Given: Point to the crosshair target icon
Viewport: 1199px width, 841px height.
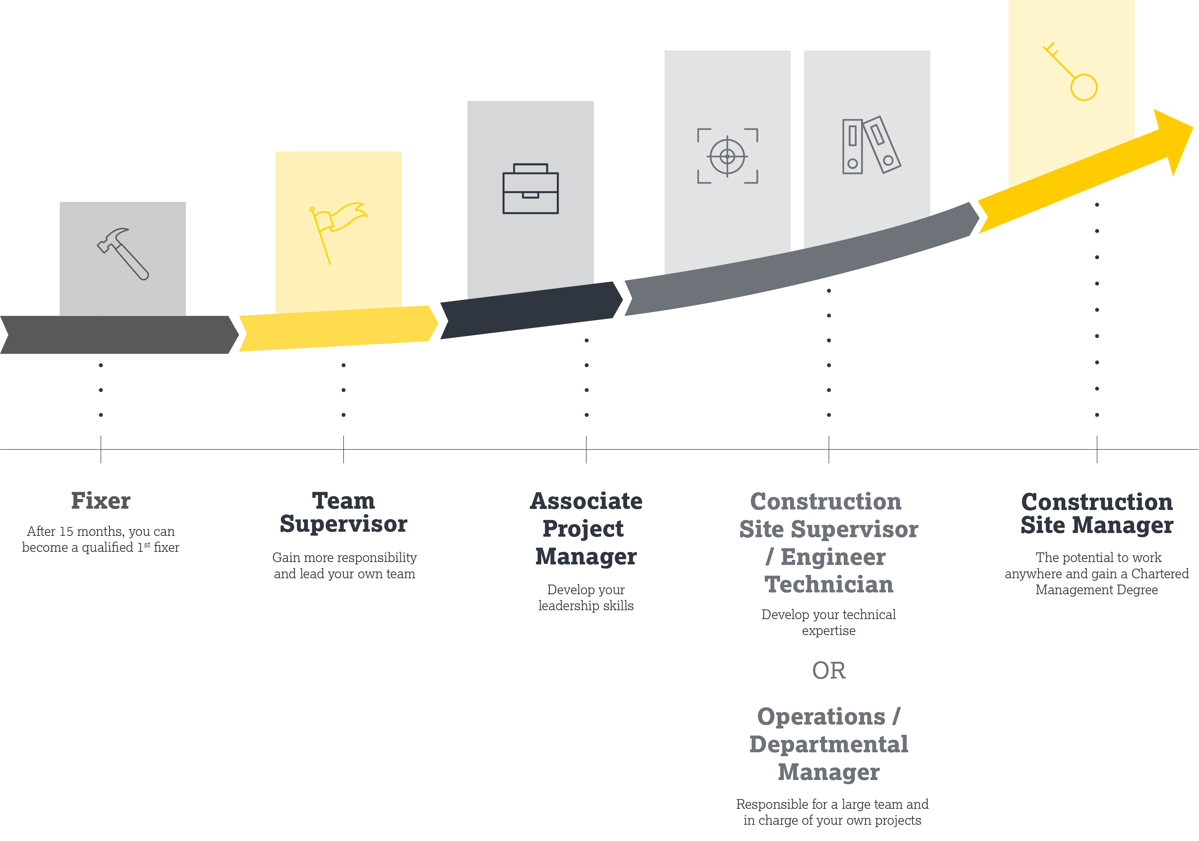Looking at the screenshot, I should point(727,156).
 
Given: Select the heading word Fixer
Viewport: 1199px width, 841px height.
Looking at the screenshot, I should point(101,501).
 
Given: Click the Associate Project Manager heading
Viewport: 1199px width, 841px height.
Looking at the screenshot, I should point(586,529).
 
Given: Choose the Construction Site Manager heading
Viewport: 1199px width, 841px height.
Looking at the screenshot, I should point(1097,514).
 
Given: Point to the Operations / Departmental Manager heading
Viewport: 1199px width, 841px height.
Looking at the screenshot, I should point(829,744).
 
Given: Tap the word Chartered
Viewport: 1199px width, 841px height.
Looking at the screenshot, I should point(1159,574).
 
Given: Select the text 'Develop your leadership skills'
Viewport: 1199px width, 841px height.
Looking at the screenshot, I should point(586,598).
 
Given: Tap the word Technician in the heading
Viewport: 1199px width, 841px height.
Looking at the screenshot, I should point(829,585).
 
